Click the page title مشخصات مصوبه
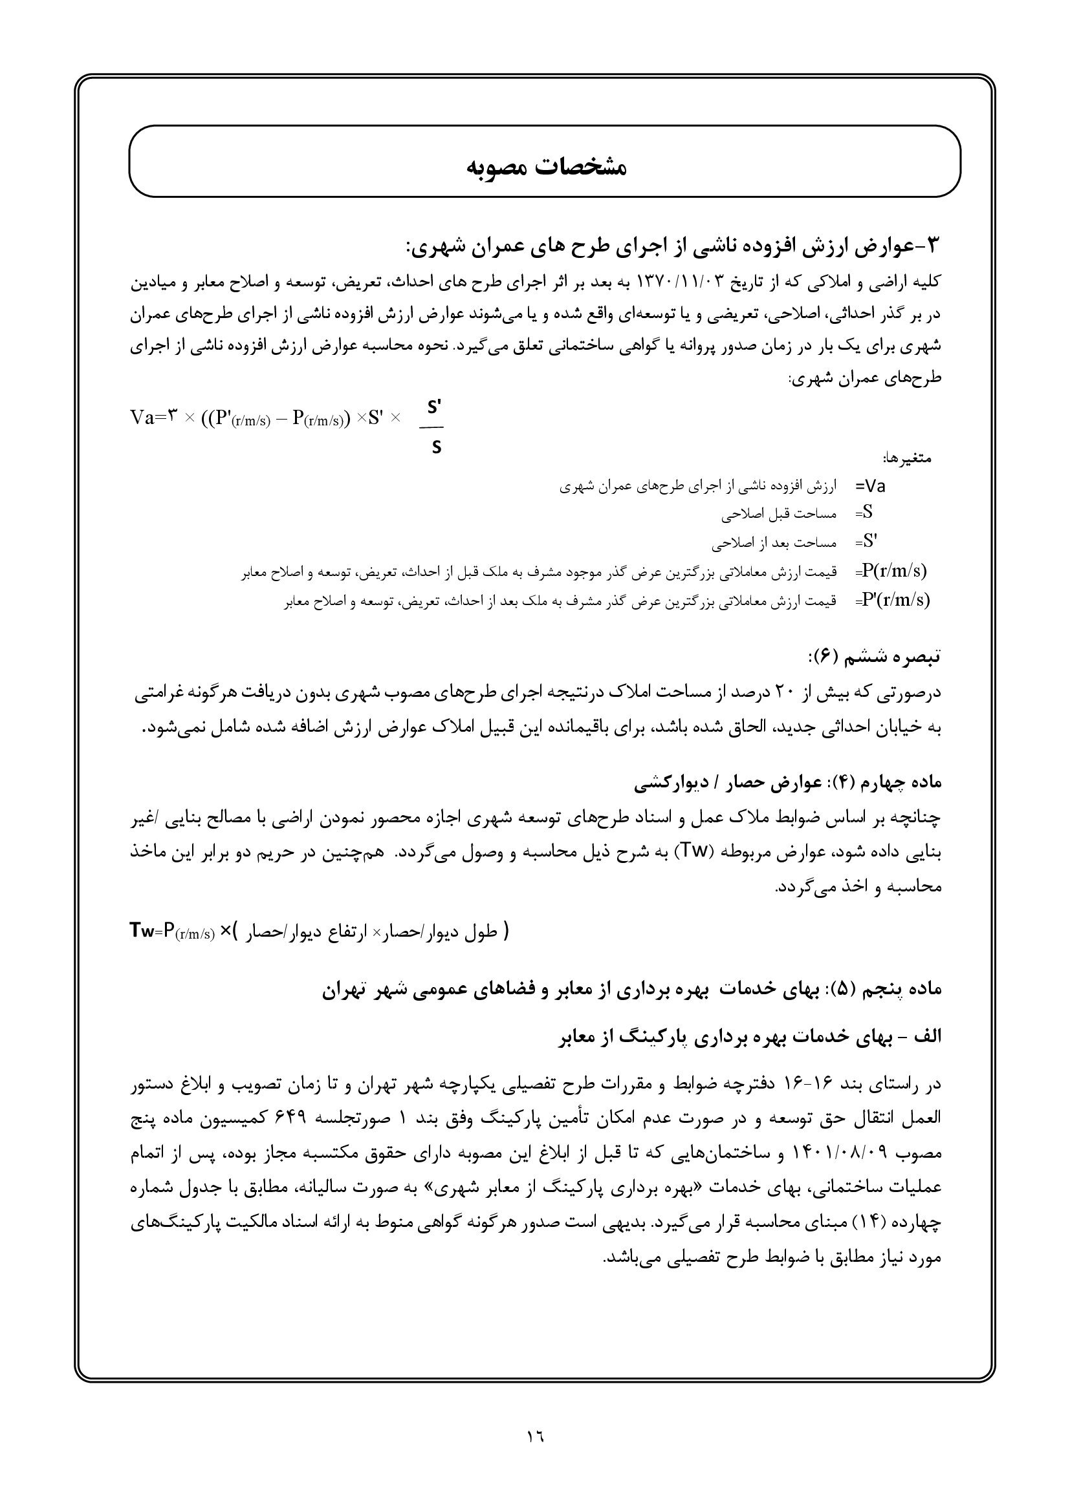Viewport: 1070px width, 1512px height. (546, 167)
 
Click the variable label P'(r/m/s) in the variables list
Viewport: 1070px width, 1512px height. (895, 600)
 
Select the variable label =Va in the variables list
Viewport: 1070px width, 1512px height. (871, 487)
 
